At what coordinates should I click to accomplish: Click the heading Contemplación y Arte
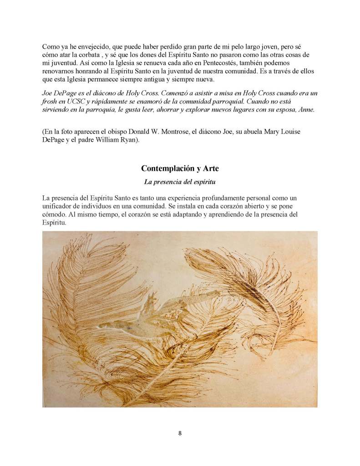coord(180,169)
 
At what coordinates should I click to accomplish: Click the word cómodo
coord(55,214)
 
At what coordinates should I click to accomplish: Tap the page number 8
coord(180,433)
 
